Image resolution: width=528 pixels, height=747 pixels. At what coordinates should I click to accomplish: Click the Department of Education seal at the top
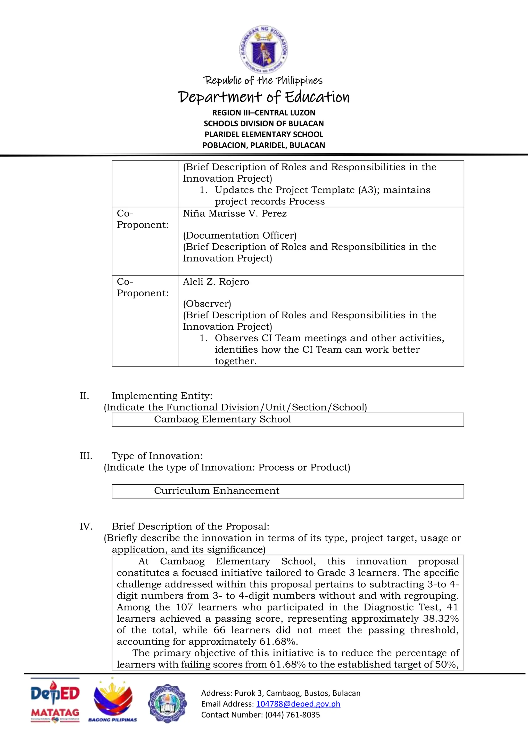click(x=264, y=50)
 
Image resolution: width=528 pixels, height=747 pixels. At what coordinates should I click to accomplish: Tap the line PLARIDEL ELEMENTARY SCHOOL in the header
click(x=264, y=134)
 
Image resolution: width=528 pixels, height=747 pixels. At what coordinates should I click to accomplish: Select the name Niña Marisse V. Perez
click(x=235, y=214)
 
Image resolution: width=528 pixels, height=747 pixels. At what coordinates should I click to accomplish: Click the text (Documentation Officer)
click(x=240, y=235)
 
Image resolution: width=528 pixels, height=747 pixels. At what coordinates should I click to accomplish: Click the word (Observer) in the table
click(x=207, y=304)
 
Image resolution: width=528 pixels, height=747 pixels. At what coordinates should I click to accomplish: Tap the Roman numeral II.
click(x=84, y=396)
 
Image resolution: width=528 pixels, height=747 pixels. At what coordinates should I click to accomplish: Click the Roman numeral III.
click(x=86, y=456)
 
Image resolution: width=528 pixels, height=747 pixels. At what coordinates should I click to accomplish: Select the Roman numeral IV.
click(x=86, y=526)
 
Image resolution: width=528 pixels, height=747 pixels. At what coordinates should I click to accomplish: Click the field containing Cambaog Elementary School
click(x=287, y=420)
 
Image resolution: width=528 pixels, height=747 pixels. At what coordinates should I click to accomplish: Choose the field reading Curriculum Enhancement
click(x=287, y=491)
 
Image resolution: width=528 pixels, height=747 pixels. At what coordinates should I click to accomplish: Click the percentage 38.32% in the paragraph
click(x=441, y=619)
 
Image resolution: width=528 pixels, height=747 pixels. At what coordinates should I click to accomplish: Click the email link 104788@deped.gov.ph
click(x=298, y=704)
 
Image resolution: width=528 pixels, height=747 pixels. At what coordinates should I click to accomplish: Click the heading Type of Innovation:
click(x=157, y=456)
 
